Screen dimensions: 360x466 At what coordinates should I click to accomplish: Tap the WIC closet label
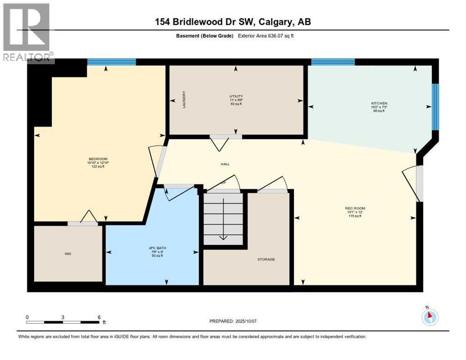[x=68, y=254]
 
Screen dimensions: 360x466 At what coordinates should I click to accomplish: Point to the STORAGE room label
[x=266, y=259]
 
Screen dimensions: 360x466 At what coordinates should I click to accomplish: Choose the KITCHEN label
[x=379, y=103]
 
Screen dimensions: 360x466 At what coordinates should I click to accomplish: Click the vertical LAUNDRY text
[x=184, y=100]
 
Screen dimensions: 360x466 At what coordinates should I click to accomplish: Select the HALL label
[x=225, y=164]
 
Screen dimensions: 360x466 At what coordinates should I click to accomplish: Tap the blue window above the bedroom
[x=112, y=62]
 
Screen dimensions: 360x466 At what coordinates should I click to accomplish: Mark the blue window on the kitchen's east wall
[x=436, y=107]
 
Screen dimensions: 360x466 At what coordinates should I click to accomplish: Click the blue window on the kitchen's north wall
[x=333, y=62]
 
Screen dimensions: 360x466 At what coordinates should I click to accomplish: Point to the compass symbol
[x=430, y=317]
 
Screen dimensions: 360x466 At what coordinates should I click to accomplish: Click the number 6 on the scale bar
[x=99, y=317]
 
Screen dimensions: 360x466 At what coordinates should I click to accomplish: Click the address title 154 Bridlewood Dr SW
[x=233, y=22]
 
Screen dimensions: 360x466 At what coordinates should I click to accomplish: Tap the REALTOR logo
[x=27, y=33]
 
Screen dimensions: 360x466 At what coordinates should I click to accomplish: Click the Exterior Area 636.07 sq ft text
[x=268, y=36]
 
